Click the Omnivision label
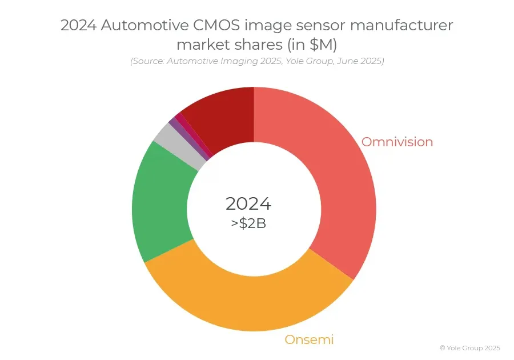click(x=397, y=142)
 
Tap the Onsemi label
click(x=309, y=339)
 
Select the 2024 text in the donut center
click(x=248, y=203)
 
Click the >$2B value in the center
click(x=248, y=223)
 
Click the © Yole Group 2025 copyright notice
click(x=470, y=347)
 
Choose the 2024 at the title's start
click(x=79, y=26)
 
